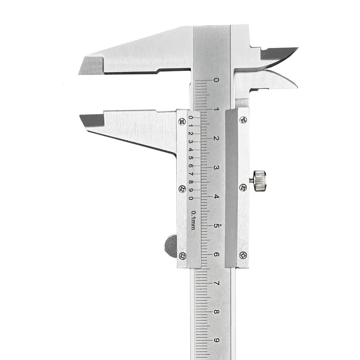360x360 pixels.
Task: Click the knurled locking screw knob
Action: pos(260,181)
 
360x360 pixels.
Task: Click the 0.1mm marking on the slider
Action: pos(193,220)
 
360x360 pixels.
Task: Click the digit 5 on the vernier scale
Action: pos(190,158)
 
